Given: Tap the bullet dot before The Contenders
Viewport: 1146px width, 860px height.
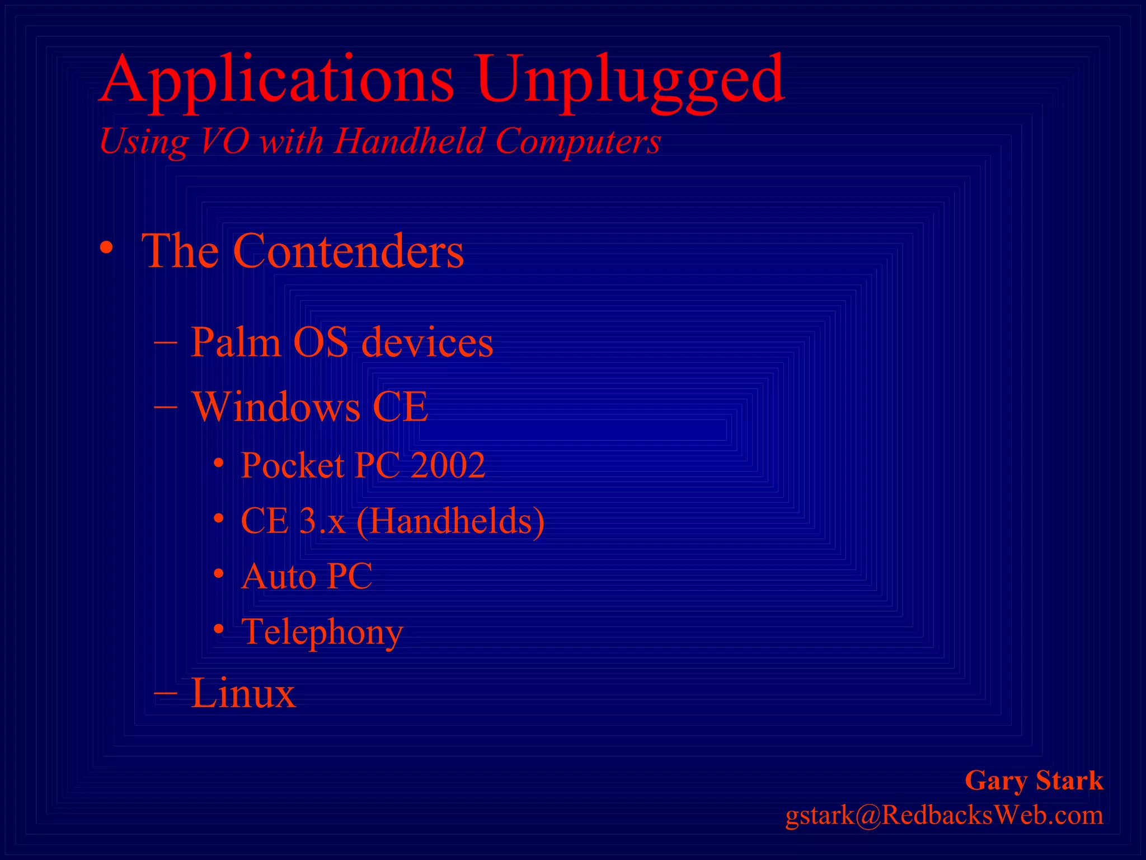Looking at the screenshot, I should click(106, 248).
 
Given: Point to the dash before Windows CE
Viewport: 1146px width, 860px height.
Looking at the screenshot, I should click(165, 406).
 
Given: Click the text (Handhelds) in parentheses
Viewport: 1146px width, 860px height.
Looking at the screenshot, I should click(450, 521).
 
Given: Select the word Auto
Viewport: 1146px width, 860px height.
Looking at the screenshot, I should click(278, 576).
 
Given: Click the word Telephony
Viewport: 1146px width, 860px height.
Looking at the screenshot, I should click(322, 633).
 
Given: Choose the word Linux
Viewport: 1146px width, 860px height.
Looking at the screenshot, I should click(243, 693).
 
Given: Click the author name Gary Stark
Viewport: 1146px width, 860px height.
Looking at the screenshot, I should click(1034, 780).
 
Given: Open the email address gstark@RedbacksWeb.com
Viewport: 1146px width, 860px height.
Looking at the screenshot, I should click(944, 815).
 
